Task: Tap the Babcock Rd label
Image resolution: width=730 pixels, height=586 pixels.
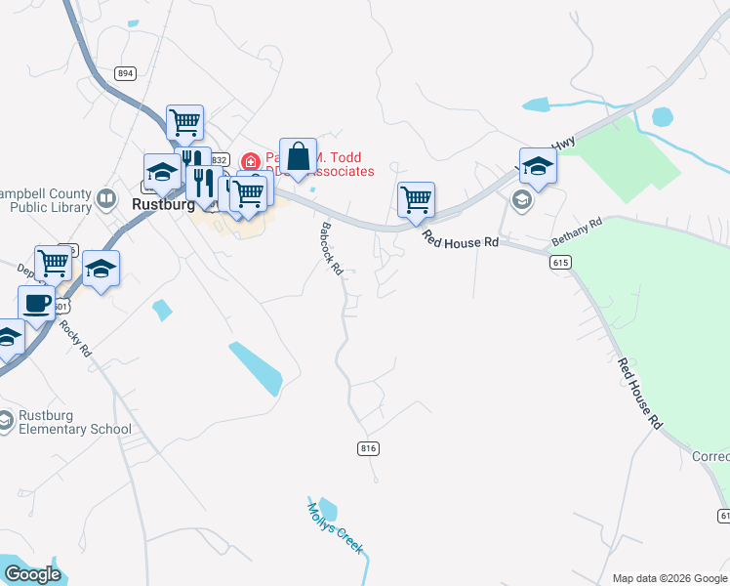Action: [332, 250]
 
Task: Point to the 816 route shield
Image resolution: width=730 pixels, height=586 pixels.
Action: [368, 448]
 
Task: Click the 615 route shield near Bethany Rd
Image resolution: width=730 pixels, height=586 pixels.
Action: [559, 263]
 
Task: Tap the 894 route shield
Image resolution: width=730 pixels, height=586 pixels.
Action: [124, 73]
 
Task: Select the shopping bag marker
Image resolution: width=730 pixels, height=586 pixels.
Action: [299, 156]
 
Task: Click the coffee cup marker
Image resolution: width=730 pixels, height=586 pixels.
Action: [37, 303]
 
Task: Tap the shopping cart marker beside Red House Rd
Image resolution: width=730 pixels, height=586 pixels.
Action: [416, 200]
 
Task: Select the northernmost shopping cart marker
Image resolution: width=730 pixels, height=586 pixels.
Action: [184, 123]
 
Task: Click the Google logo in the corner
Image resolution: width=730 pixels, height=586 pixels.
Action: [32, 574]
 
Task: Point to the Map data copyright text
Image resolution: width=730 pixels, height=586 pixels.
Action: [669, 578]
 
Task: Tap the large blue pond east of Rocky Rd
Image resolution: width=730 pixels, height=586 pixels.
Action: [256, 368]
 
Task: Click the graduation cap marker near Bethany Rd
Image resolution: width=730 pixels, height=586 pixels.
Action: [537, 166]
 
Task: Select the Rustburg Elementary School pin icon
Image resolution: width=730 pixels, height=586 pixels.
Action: [6, 420]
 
